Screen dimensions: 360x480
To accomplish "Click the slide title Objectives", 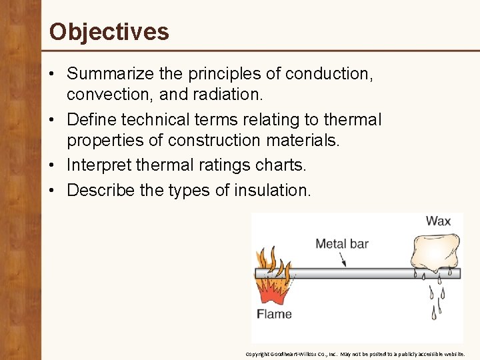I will [109, 31].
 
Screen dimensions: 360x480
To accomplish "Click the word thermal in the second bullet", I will [351, 120].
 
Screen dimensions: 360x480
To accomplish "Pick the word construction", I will [214, 141].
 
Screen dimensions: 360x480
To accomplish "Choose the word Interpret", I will [99, 165].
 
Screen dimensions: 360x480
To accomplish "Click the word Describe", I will [101, 190].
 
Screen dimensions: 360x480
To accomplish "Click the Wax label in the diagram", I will [438, 221].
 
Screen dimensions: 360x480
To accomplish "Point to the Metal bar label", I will [341, 243].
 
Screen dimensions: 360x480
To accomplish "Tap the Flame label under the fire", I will [274, 313].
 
